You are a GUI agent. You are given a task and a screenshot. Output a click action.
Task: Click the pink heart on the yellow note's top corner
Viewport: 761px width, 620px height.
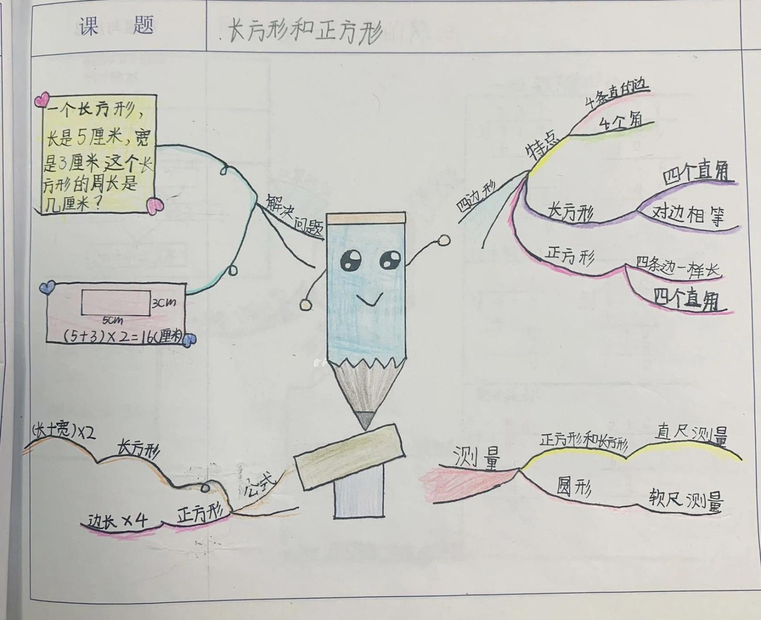[x=42, y=100]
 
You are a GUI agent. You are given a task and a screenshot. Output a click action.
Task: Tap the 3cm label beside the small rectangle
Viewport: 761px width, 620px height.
[x=164, y=303]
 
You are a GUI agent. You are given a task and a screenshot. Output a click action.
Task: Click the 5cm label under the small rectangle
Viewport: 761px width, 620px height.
[x=112, y=321]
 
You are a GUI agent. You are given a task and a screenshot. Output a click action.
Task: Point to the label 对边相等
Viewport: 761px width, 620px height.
[x=687, y=214]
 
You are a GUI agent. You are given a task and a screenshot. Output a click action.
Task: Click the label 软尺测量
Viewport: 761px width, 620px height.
[x=685, y=499]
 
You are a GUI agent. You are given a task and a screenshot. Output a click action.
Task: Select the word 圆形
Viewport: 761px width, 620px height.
[x=574, y=486]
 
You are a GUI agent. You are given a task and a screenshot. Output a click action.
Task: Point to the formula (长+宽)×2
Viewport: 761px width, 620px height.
[x=63, y=432]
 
